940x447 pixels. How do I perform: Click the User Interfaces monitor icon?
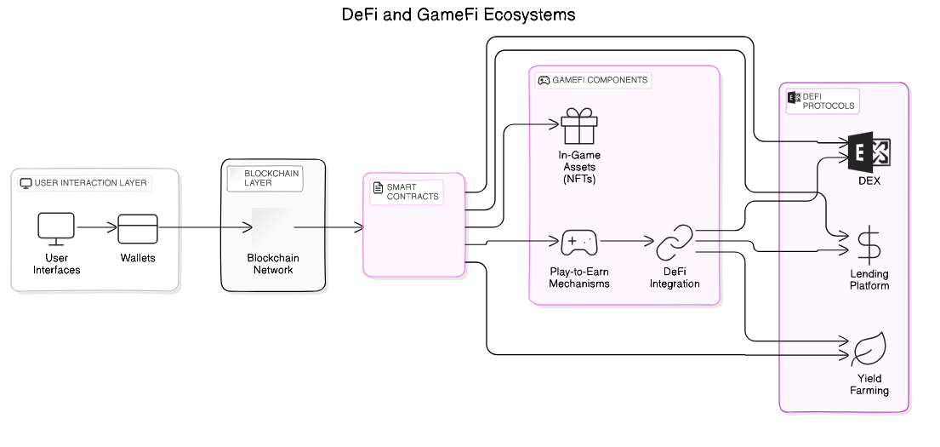tap(56, 228)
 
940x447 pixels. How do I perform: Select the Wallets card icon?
tap(137, 228)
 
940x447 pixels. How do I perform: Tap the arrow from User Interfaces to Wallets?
tap(96, 228)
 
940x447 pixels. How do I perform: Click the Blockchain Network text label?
tap(273, 264)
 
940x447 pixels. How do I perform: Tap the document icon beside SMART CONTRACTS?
tap(378, 187)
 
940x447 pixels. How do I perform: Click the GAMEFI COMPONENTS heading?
tap(600, 80)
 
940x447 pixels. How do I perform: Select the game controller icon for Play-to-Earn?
tap(579, 243)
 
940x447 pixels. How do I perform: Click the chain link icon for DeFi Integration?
tap(675, 243)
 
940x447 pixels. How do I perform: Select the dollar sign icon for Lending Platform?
tap(869, 245)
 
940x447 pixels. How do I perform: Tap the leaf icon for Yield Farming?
tap(869, 348)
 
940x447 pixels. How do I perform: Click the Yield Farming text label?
tap(869, 384)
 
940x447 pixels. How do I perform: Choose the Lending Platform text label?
tap(869, 280)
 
